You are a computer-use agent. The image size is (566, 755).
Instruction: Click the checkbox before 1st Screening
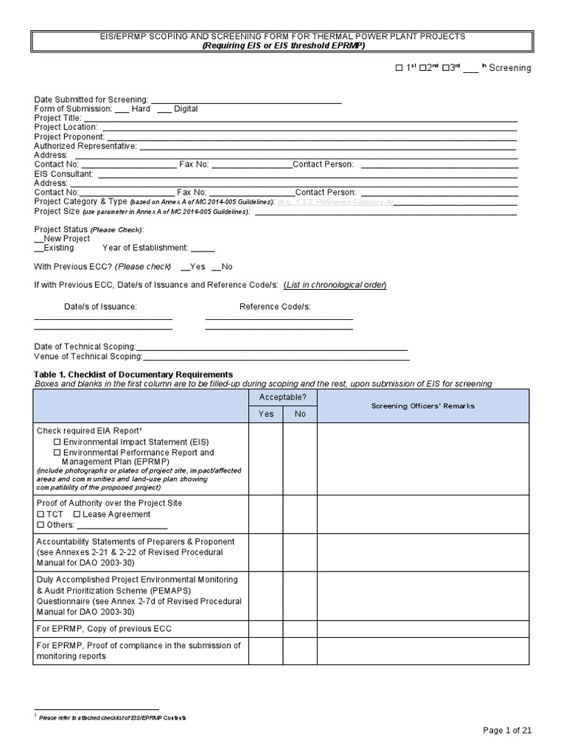(x=399, y=68)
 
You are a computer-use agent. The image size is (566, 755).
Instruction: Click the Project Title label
(x=57, y=118)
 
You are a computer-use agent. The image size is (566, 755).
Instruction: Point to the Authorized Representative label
(x=85, y=146)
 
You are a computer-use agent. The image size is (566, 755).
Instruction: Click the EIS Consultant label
(x=64, y=174)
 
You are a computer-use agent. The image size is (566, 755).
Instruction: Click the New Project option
(x=63, y=239)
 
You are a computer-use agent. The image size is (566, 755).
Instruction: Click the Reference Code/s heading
(x=275, y=306)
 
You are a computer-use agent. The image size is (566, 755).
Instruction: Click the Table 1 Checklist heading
(x=133, y=374)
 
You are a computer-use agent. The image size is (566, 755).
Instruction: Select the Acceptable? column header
(x=282, y=397)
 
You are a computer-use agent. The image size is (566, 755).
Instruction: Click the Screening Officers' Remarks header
(x=422, y=406)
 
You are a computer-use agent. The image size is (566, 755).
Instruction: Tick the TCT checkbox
(x=40, y=515)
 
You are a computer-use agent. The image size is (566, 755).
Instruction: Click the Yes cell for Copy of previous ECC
(x=266, y=629)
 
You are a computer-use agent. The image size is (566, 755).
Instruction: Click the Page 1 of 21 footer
(x=506, y=730)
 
